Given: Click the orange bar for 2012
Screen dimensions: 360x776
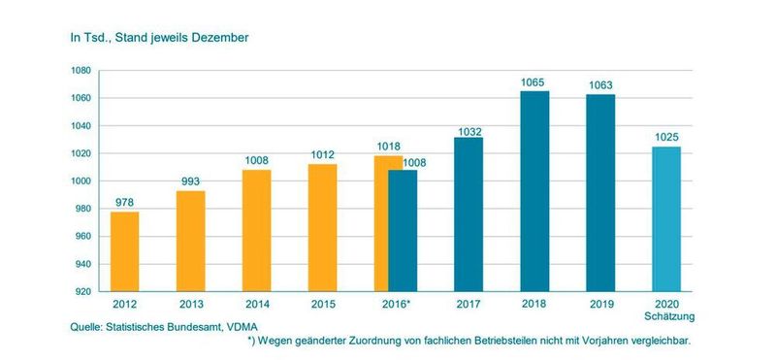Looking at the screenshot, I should click(124, 251).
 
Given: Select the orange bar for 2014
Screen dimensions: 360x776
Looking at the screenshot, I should click(256, 230).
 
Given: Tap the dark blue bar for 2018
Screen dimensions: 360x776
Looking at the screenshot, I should click(534, 191).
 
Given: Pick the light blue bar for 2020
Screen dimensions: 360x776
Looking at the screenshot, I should click(666, 218).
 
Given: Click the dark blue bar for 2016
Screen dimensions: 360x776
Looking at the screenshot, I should click(403, 230).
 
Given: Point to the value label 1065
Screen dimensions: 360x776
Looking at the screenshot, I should click(534, 82).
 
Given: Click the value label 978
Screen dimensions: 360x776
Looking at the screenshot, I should click(124, 202).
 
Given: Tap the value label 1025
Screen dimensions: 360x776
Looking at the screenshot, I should click(666, 138).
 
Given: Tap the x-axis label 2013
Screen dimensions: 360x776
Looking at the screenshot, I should click(190, 305).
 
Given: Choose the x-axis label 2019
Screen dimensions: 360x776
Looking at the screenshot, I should click(600, 305).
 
